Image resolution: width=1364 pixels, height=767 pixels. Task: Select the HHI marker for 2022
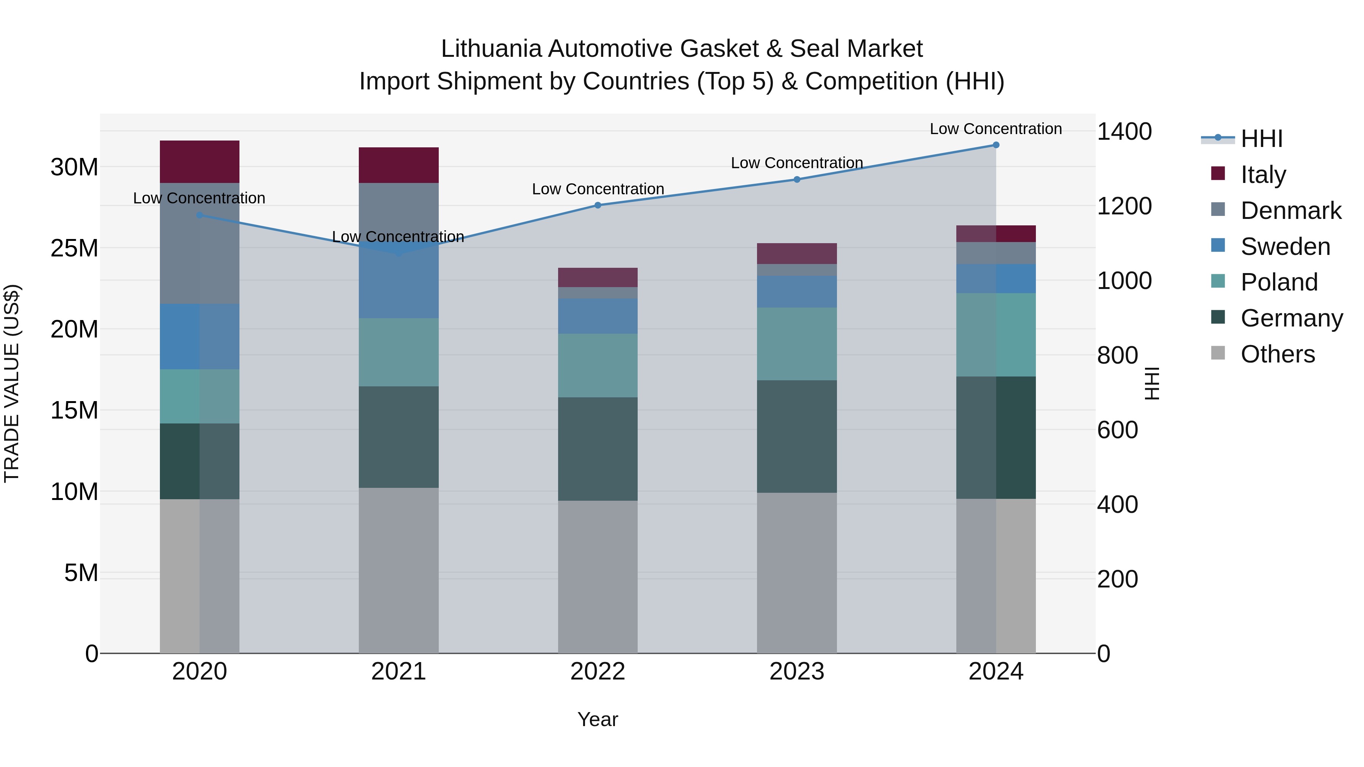(x=598, y=205)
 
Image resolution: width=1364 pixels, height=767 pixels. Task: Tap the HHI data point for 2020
(x=200, y=215)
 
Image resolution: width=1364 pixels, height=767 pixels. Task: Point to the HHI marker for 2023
(x=797, y=180)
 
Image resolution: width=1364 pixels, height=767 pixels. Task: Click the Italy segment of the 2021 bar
(x=399, y=165)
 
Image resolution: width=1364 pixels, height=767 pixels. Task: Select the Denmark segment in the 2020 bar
(x=200, y=244)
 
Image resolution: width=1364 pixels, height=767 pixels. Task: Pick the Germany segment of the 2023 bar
(x=797, y=437)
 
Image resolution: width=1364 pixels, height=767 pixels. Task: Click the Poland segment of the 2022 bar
(x=598, y=365)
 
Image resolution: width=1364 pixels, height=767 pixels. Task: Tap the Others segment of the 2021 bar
(x=399, y=571)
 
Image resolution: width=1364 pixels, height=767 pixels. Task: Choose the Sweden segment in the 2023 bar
(x=797, y=292)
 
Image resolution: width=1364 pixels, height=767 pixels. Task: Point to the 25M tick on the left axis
(x=74, y=248)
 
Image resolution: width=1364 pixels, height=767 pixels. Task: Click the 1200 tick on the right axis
(x=1124, y=206)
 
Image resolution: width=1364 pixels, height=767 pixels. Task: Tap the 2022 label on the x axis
(x=598, y=672)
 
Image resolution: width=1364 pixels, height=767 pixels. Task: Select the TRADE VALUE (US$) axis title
(x=12, y=383)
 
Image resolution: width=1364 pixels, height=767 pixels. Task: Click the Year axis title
(x=598, y=719)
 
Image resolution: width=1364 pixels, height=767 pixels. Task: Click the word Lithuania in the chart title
(x=491, y=49)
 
